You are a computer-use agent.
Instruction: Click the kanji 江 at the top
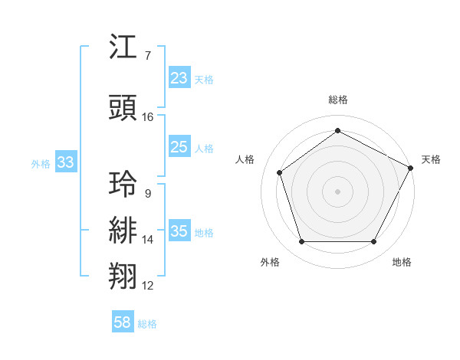click(x=124, y=48)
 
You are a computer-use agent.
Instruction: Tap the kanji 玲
click(x=124, y=184)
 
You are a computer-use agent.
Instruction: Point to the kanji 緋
click(x=124, y=231)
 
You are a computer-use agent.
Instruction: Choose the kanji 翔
click(x=124, y=277)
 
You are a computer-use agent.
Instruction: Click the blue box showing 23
click(x=179, y=78)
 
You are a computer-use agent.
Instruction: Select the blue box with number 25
click(x=179, y=147)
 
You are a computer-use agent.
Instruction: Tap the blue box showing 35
click(x=179, y=232)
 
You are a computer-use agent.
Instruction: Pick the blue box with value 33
click(x=66, y=162)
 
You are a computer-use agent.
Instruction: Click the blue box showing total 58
click(x=123, y=322)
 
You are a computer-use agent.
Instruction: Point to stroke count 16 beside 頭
click(x=148, y=117)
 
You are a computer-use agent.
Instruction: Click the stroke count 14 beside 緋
click(x=148, y=240)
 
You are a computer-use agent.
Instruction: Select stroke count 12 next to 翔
click(x=148, y=286)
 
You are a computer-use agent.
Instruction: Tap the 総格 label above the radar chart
click(x=338, y=100)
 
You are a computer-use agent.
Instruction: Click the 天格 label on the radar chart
click(x=431, y=159)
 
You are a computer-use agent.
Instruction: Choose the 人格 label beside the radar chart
click(x=245, y=159)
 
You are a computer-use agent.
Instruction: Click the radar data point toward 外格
click(x=301, y=242)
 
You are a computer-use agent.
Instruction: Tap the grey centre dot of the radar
click(x=337, y=191)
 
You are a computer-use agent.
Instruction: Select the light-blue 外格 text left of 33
click(x=41, y=163)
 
